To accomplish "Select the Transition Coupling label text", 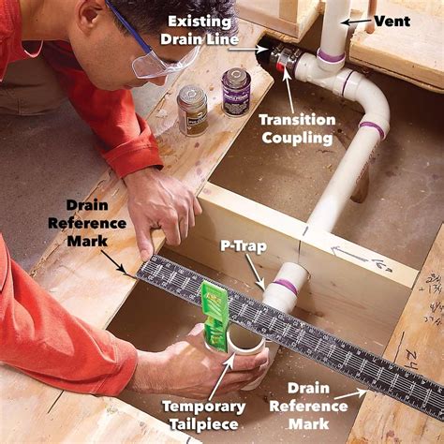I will [298, 127].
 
